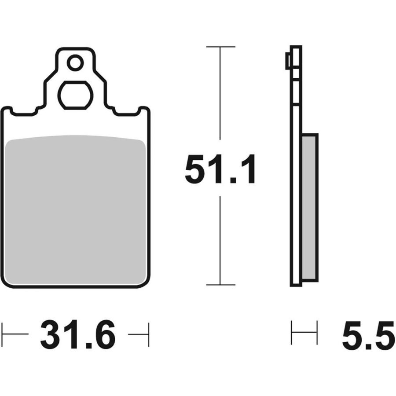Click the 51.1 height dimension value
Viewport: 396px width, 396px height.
coord(220,169)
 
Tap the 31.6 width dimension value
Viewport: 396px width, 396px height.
coord(78,335)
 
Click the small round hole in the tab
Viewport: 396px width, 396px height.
coord(75,63)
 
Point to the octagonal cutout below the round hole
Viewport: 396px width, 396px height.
coord(75,95)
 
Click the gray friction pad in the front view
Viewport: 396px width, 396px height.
coord(75,209)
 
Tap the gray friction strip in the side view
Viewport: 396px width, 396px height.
coord(309,208)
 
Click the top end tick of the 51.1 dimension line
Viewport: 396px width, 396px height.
coord(220,47)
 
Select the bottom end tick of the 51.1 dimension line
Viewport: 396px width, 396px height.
coord(220,285)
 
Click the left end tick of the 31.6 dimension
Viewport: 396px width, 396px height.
coord(2,334)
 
